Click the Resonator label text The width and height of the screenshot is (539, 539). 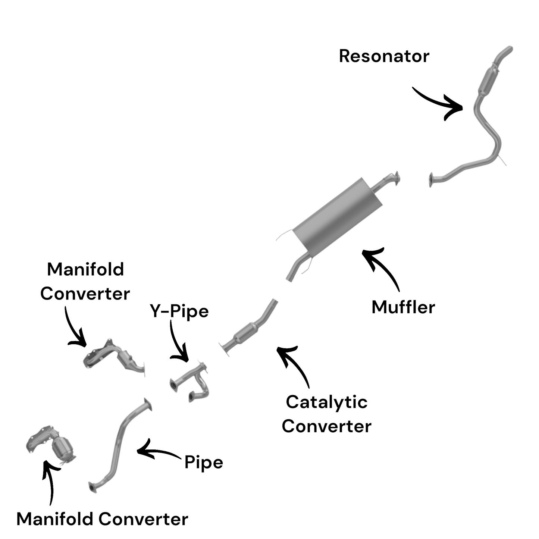click(x=384, y=56)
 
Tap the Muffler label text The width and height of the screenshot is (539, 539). click(x=403, y=307)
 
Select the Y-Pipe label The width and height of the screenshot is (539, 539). click(x=179, y=311)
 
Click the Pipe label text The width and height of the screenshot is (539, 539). click(x=204, y=463)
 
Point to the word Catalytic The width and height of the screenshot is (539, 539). click(x=327, y=402)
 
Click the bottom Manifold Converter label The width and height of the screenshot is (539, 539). click(x=102, y=519)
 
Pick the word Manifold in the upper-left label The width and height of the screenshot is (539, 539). click(x=85, y=269)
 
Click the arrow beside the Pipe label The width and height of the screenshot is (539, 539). click(x=157, y=451)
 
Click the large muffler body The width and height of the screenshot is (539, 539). click(x=338, y=214)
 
